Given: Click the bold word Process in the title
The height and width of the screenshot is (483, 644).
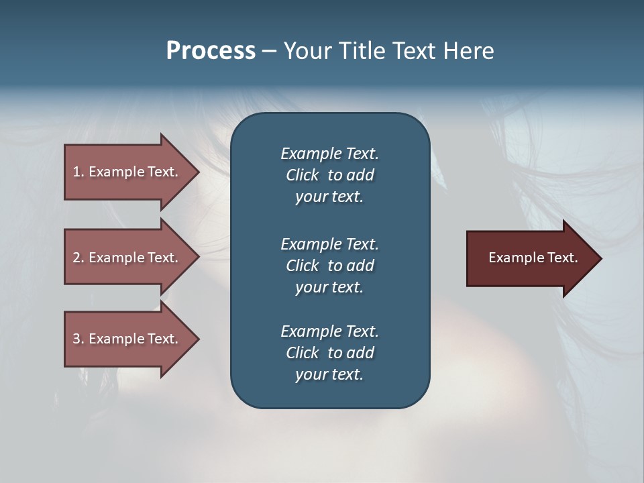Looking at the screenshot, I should pos(211,51).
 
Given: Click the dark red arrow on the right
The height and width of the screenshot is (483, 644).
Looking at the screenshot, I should pos(530,258).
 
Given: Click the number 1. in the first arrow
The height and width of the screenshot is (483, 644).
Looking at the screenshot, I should pos(78,172).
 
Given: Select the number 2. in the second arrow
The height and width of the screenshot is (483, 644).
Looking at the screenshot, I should pos(78,258).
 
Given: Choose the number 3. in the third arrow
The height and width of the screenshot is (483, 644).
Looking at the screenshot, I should pos(78,339).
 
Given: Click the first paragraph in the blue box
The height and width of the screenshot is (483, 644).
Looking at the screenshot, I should pos(329,175).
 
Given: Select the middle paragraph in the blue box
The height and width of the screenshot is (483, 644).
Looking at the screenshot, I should pos(329,266).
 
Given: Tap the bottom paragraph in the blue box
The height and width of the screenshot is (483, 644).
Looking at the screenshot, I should pos(329,353).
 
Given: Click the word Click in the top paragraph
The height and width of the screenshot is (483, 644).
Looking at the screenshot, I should pos(303,175).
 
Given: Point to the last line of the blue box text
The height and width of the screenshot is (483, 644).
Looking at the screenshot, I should pos(329,375).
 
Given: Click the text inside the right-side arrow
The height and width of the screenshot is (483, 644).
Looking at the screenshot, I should pos(533,258).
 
